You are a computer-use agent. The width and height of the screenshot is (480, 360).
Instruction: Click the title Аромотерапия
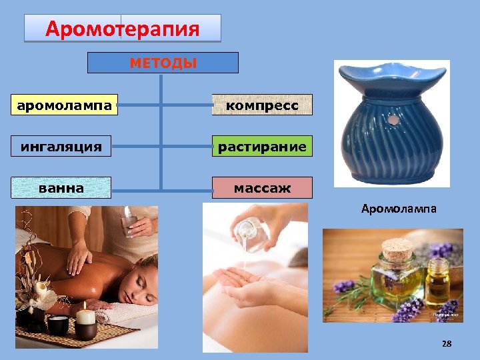(x=122, y=29)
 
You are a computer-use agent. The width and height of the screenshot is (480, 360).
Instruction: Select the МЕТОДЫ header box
(x=163, y=63)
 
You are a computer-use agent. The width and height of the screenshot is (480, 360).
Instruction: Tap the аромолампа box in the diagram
(x=65, y=105)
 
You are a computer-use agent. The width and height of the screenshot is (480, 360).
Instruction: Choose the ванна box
(x=61, y=188)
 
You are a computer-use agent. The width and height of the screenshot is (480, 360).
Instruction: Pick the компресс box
(x=262, y=105)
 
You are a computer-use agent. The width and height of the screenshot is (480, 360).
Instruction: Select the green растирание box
(x=262, y=146)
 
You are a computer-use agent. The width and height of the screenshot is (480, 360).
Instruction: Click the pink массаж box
(x=262, y=188)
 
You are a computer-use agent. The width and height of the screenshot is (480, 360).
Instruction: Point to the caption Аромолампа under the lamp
(x=399, y=209)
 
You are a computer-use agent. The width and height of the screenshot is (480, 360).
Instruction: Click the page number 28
(x=447, y=343)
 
